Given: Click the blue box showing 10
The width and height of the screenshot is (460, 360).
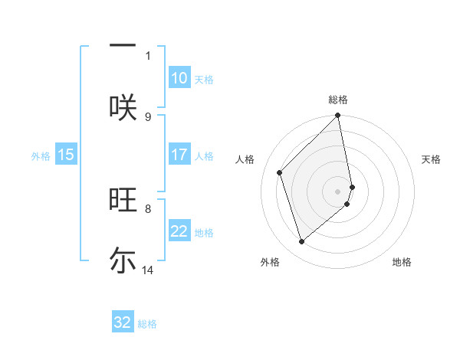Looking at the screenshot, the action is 179,78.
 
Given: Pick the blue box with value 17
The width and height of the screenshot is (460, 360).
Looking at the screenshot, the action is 179,155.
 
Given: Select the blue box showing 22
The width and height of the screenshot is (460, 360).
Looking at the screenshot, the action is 179,231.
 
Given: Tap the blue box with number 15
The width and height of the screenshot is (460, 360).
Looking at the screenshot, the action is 66,155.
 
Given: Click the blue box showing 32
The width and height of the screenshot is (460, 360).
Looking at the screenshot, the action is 123,322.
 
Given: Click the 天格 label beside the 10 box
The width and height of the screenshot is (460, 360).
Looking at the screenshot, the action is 204,80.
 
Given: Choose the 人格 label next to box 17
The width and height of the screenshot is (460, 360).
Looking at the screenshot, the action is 204,156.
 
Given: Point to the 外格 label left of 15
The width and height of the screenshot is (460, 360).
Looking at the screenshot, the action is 41,156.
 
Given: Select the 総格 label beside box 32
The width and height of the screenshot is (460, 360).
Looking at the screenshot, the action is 147,324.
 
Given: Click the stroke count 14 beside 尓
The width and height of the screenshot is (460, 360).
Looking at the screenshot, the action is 148,270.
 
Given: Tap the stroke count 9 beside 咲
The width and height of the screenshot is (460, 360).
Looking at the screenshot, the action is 148,116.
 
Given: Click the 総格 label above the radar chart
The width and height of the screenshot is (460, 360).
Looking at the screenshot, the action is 338,100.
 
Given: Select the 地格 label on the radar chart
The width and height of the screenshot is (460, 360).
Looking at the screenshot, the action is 402,262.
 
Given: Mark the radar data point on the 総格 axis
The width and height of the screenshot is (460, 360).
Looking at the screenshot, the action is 338,116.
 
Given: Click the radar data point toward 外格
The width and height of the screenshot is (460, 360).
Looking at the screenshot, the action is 301,242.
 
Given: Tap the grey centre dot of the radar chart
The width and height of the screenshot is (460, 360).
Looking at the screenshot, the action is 338,191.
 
